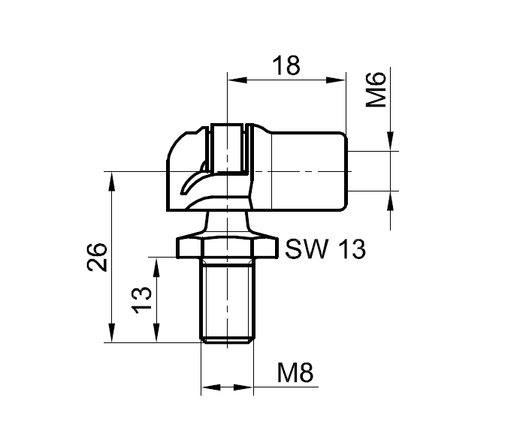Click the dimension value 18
pos(286,65)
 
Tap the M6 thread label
pos(375,90)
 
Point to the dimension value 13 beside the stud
pos(143,300)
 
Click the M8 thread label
pos(294,372)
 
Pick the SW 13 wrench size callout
pos(325,249)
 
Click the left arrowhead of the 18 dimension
pos(234,79)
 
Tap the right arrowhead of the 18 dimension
pos(337,79)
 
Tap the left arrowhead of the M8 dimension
pos(209,388)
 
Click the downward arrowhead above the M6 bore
pos(390,143)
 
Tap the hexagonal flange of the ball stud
pos(226,247)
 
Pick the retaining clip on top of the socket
pos(227,146)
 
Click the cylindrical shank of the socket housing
pos(308,171)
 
